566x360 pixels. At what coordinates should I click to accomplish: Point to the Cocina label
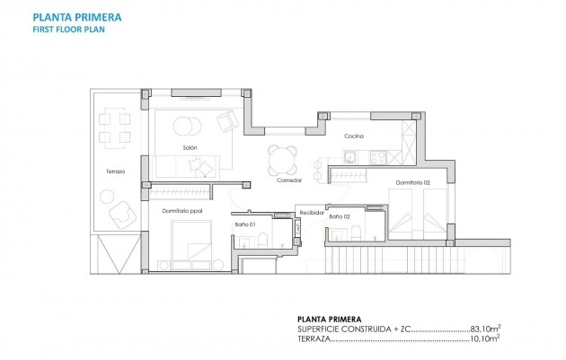(352, 136)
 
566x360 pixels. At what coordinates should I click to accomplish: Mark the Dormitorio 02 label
(412, 183)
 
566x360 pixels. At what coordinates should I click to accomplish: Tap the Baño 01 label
(246, 224)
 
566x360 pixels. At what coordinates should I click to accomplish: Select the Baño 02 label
(340, 216)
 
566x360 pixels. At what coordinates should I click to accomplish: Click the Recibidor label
(311, 213)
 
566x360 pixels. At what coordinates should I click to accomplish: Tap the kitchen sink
(349, 157)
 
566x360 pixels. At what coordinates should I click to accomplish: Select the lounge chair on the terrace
(119, 214)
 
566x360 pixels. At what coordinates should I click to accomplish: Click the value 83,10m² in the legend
(481, 331)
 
